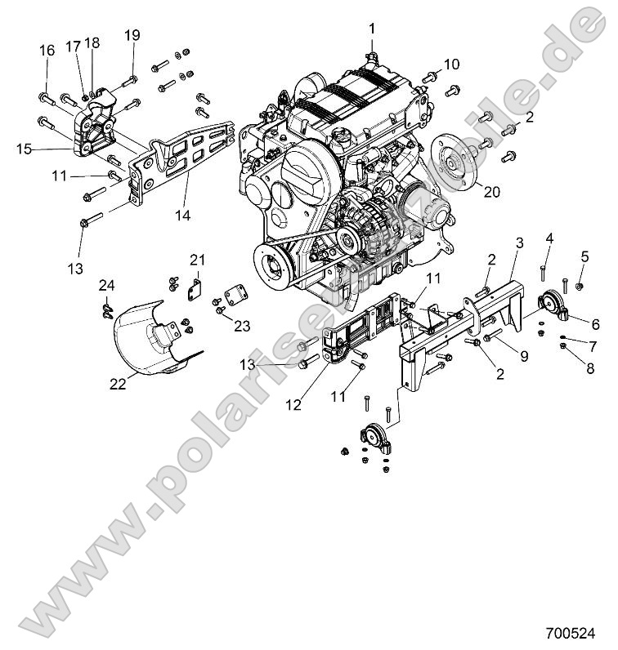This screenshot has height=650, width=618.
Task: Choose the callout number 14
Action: [x=183, y=216]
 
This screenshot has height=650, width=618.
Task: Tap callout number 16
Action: [x=47, y=51]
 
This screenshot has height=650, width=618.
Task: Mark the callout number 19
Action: [x=132, y=35]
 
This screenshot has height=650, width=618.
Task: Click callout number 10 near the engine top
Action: [x=452, y=65]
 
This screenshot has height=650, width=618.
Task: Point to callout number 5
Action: [x=584, y=256]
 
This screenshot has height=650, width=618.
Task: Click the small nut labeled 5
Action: [x=579, y=285]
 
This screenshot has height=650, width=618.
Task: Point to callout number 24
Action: [x=106, y=285]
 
